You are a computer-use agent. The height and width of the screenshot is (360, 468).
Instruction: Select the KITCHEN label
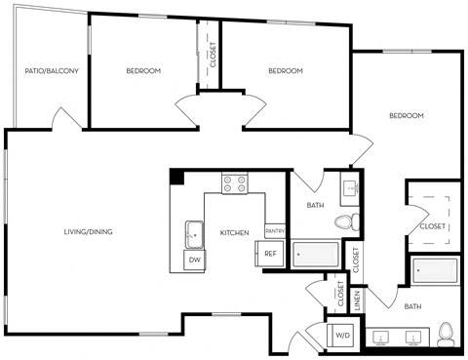[x=234, y=232]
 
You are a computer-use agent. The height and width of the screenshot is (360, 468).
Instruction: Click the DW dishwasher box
[x=194, y=260]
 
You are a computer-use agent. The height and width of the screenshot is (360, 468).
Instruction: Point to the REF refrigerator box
[x=271, y=254]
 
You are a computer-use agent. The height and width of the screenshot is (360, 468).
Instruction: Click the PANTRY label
[x=274, y=231]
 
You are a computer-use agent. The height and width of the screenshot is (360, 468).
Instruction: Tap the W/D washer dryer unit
[x=342, y=336]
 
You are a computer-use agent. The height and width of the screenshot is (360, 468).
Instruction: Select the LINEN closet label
[x=358, y=300]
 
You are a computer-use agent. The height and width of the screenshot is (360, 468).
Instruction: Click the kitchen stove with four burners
[x=234, y=182]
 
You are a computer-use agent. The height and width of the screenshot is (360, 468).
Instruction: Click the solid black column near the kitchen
[x=176, y=177]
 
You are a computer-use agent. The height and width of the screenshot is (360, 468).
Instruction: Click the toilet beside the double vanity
[x=447, y=333]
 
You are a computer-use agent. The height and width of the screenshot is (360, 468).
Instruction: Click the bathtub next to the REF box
[x=316, y=254]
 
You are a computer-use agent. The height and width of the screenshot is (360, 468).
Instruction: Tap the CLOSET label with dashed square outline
[x=431, y=225]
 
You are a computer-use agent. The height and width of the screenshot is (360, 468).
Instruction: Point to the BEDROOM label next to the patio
[x=143, y=71]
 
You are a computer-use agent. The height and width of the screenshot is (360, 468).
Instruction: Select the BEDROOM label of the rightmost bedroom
[x=407, y=116]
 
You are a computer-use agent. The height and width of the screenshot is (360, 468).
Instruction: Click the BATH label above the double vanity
[x=412, y=307]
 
